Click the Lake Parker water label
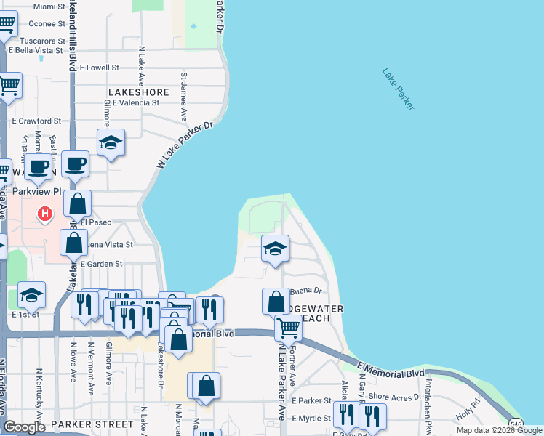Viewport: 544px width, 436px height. click(398, 89)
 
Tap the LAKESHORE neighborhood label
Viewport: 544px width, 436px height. click(138, 92)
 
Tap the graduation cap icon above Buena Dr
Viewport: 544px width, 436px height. click(275, 249)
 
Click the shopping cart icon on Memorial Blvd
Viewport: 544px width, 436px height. click(288, 328)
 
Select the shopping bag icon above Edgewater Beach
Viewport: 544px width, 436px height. click(276, 302)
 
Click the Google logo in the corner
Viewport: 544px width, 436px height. click(24, 427)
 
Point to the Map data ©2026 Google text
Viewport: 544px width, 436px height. click(499, 430)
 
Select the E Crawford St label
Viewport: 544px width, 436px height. click(36, 121)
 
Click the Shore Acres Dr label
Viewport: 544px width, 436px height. click(395, 397)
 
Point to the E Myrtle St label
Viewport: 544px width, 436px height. click(311, 419)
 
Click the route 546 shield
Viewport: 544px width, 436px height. click(516, 424)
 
